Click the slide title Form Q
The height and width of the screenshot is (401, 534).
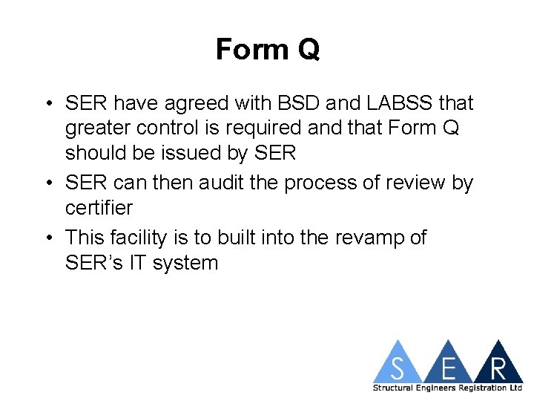point(267,50)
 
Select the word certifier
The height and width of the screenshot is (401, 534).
point(99,208)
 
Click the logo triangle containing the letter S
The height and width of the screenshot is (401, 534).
point(398,365)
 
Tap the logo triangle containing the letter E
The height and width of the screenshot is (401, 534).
point(449,365)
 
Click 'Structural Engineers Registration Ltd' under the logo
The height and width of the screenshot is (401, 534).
point(447,388)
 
